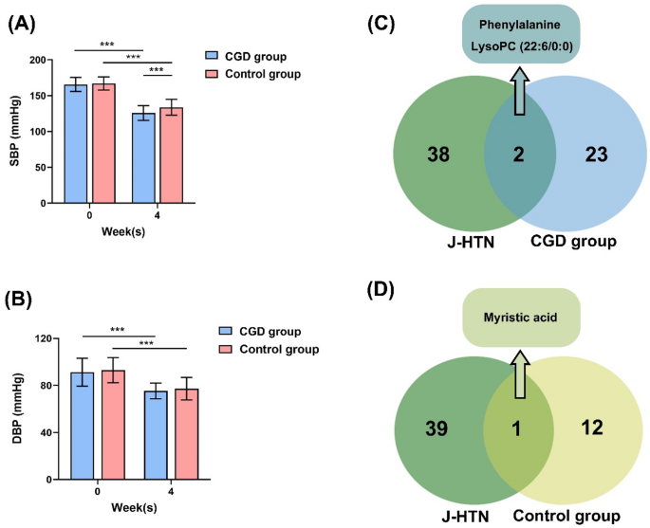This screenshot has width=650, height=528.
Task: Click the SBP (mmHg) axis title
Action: pyautogui.click(x=15, y=131)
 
